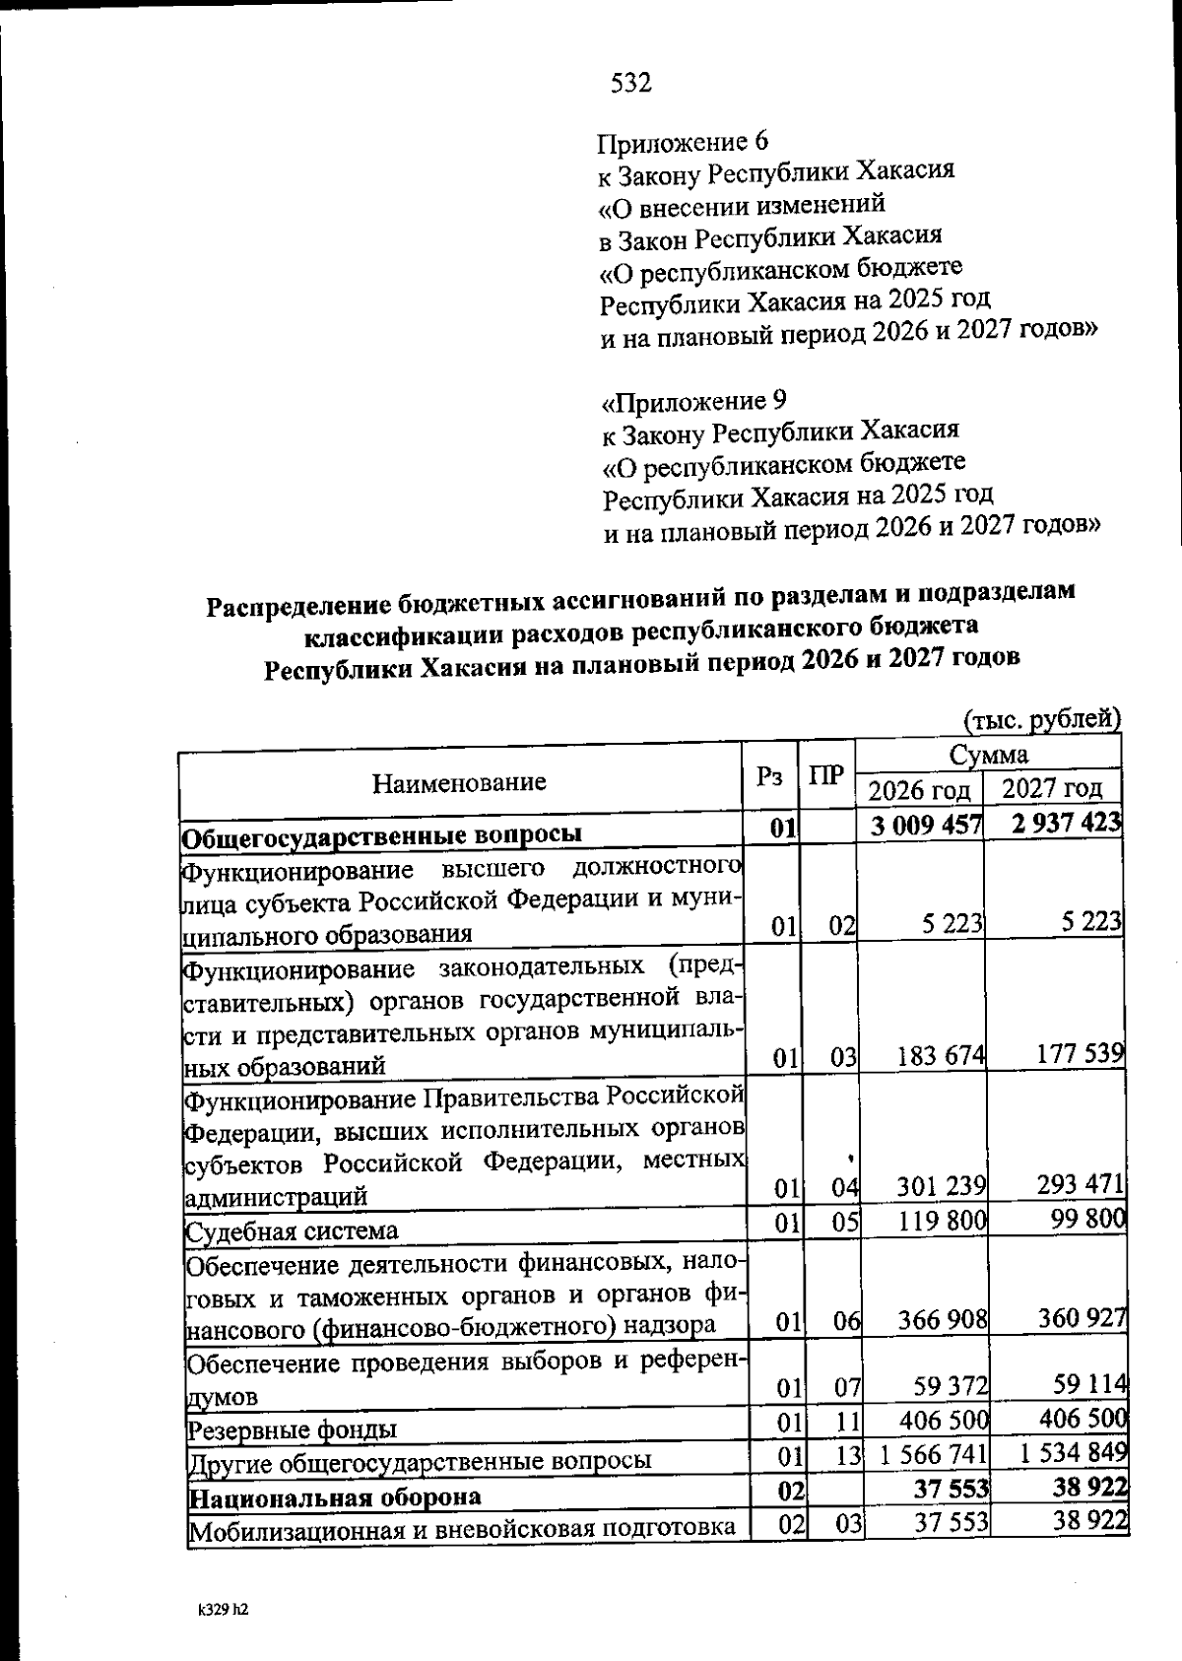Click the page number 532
(x=631, y=84)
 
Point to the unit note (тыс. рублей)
(x=1042, y=719)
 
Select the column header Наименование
(x=459, y=783)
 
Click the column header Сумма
(x=989, y=755)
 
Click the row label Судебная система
(x=293, y=1231)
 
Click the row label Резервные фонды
(x=293, y=1428)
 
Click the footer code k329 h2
(x=222, y=1611)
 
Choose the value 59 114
(x=1086, y=1385)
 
